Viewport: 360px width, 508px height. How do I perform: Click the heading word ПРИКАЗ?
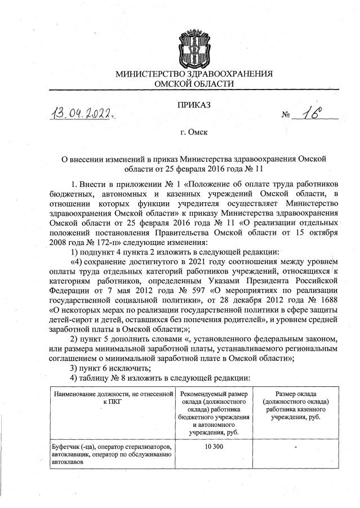194,105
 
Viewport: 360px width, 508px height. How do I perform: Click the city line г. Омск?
194,133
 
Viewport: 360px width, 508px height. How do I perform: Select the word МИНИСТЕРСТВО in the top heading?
152,73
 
